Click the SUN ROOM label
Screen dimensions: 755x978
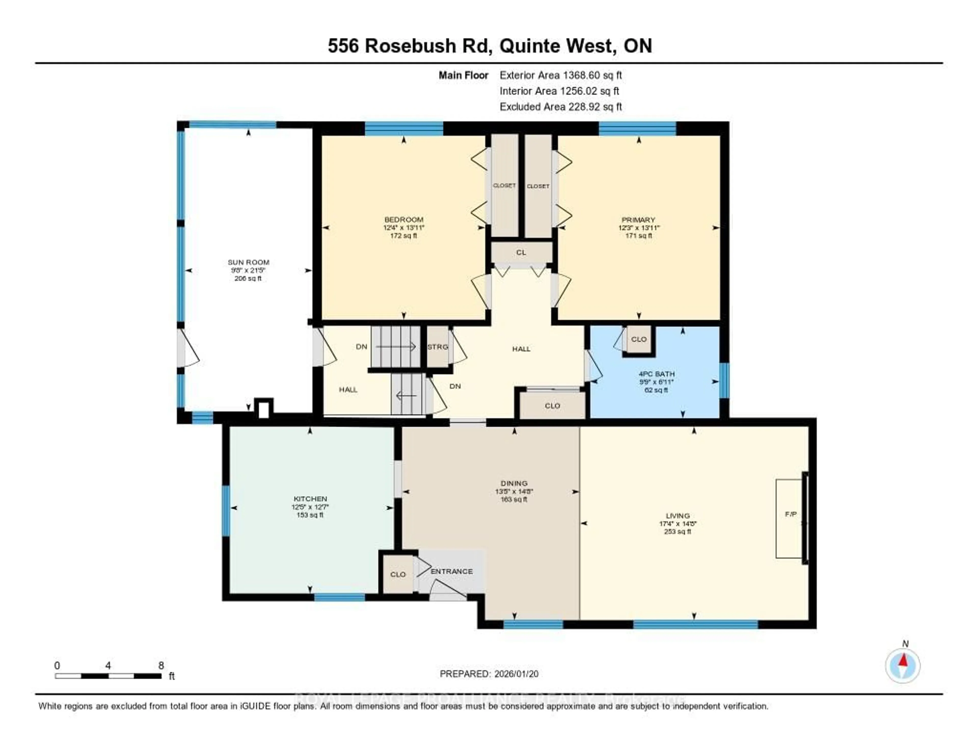[x=248, y=262]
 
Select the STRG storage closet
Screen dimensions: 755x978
[x=438, y=347]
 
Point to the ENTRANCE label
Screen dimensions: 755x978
[x=451, y=571]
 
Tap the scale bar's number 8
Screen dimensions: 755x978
[x=161, y=665]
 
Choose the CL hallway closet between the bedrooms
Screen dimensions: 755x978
[x=521, y=253]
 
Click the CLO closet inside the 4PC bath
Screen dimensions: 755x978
[x=639, y=339]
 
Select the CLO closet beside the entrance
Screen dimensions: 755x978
[x=398, y=575]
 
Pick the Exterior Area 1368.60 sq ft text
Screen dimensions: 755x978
[x=561, y=75]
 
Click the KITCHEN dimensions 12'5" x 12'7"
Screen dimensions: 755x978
[x=310, y=507]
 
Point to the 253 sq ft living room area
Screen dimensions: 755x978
[x=677, y=532]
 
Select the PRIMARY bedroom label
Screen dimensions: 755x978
[x=638, y=220]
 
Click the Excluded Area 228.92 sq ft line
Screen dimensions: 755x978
[x=561, y=106]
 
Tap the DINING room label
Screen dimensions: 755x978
[x=514, y=483]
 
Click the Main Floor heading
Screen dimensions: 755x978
[x=463, y=75]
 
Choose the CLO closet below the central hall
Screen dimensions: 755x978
[x=552, y=406]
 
